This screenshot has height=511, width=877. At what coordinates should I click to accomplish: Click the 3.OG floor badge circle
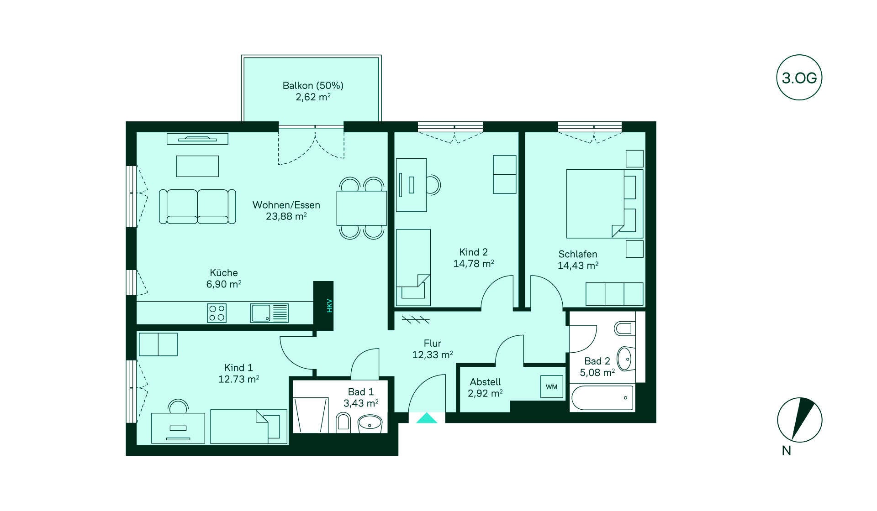coord(799,78)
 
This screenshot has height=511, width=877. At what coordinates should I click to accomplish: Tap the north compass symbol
coord(800,420)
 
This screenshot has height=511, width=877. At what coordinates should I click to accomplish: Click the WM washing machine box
coord(551,387)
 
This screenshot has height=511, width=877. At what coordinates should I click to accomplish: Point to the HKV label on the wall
coord(329,306)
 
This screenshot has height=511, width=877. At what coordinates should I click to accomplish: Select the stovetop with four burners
coord(217,313)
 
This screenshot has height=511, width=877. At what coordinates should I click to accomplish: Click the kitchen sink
coord(269,313)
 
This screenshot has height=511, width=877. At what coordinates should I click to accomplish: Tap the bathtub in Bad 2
coord(602,397)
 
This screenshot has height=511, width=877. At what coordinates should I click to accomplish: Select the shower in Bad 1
coord(311,415)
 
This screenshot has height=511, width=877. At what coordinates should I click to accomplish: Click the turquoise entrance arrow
coord(427,418)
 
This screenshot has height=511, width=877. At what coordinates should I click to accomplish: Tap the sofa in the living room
coord(197,207)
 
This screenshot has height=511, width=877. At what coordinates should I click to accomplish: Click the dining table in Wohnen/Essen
coord(362,208)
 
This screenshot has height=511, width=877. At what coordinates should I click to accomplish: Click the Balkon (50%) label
coord(313,85)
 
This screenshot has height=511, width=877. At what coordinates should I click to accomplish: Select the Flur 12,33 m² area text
coord(433,349)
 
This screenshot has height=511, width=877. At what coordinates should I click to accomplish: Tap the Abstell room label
coord(485,382)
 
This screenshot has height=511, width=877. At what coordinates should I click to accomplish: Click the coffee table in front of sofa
coord(197,166)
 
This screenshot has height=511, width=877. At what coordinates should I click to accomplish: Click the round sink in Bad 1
coord(370,423)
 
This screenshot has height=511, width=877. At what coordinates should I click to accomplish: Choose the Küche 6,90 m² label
coord(224,278)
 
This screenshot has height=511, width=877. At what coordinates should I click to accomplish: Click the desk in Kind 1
coord(178,428)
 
